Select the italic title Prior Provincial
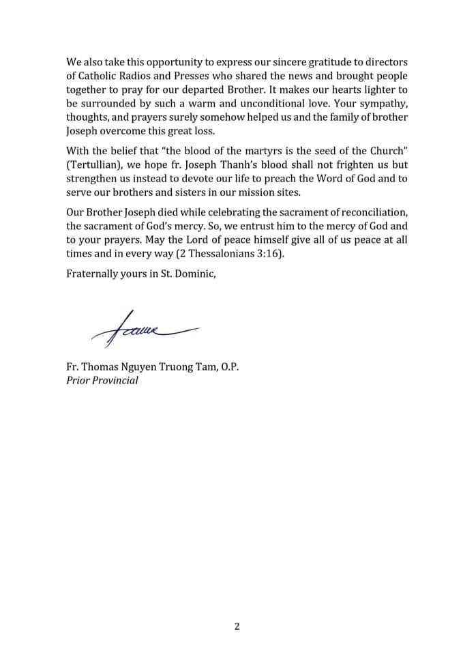(102, 380)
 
